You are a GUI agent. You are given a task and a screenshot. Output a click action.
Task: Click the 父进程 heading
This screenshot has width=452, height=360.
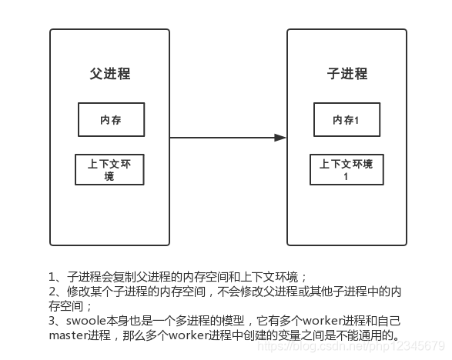coord(110,75)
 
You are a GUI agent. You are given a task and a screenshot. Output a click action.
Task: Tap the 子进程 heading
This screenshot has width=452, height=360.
coord(347,75)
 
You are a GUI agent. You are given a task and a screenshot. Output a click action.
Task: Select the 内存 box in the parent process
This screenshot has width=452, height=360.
coord(111,119)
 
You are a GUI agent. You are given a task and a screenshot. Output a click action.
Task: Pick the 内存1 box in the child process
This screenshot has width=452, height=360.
coord(346,119)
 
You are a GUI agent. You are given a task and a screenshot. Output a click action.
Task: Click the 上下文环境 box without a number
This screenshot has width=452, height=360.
coord(109,170)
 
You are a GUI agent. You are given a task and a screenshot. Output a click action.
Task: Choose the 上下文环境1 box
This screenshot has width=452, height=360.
coord(346,170)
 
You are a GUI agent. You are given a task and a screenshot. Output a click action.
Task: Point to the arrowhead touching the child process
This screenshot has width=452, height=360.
coord(280,138)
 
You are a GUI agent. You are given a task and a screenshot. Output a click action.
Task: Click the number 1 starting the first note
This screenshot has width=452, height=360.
coord(52,276)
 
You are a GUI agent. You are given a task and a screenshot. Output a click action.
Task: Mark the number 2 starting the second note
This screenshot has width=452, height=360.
coord(52,291)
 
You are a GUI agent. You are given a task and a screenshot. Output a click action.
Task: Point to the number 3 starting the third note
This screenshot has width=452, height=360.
coord(52,319)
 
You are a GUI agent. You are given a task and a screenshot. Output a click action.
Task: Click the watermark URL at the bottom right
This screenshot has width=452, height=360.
coord(350,347)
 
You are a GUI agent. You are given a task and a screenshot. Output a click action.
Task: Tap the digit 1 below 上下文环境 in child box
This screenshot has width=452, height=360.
coord(346,177)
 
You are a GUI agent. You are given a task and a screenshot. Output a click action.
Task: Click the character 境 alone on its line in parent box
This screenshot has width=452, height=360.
coord(109,177)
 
